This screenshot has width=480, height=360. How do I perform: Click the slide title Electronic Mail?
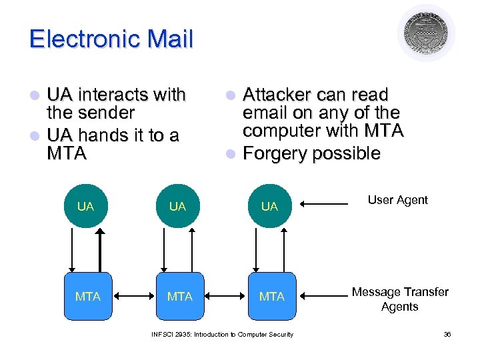click(111, 39)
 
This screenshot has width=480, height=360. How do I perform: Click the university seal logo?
click(426, 33)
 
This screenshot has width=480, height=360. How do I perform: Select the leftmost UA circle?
click(85, 206)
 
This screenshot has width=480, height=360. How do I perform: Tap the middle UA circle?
click(177, 206)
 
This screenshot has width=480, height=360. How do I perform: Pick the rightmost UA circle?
click(269, 206)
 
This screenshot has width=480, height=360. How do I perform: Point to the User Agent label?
click(398, 200)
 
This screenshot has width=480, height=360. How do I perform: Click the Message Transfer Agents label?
click(400, 299)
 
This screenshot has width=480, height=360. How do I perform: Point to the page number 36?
click(447, 334)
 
